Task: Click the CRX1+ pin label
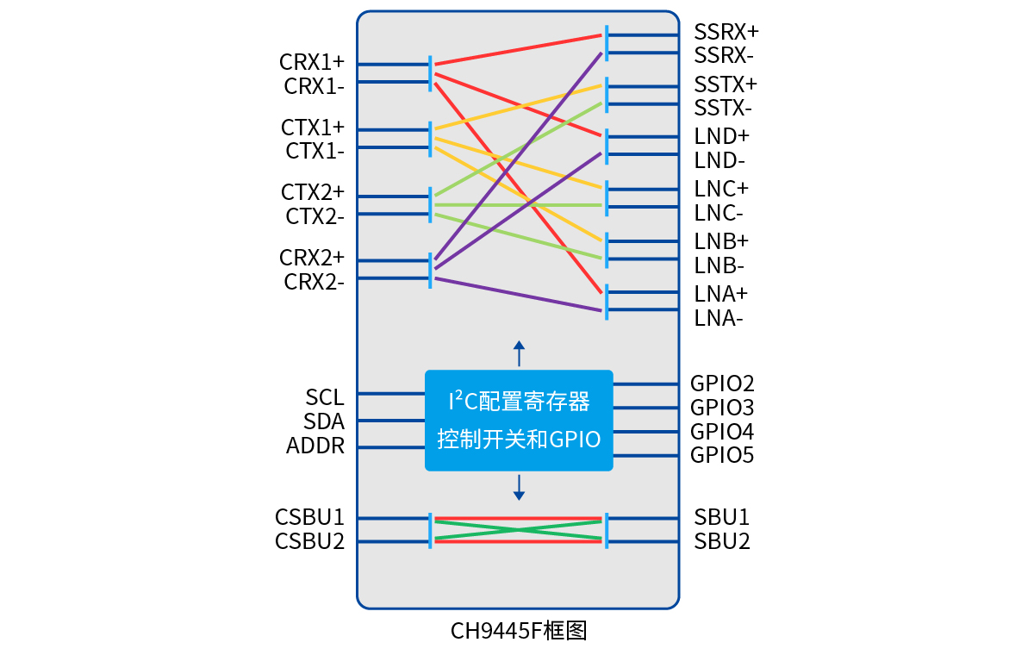click(x=311, y=62)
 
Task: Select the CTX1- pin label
click(x=315, y=152)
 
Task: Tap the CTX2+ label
click(x=312, y=191)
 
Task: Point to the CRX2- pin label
click(x=314, y=282)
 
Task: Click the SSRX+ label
click(x=726, y=32)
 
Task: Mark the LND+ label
click(x=722, y=136)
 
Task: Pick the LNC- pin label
click(x=719, y=213)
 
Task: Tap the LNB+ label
click(x=721, y=240)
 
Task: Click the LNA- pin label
click(x=719, y=318)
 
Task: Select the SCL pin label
click(x=324, y=397)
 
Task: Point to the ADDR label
click(x=315, y=446)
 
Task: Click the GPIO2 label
click(x=722, y=384)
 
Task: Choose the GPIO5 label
click(x=722, y=455)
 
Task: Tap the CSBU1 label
click(x=309, y=517)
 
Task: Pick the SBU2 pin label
click(x=722, y=541)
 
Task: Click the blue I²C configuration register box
click(x=519, y=421)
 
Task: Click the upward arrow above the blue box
click(x=519, y=352)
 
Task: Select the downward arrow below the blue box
click(x=519, y=488)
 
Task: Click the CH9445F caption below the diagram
click(x=519, y=631)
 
